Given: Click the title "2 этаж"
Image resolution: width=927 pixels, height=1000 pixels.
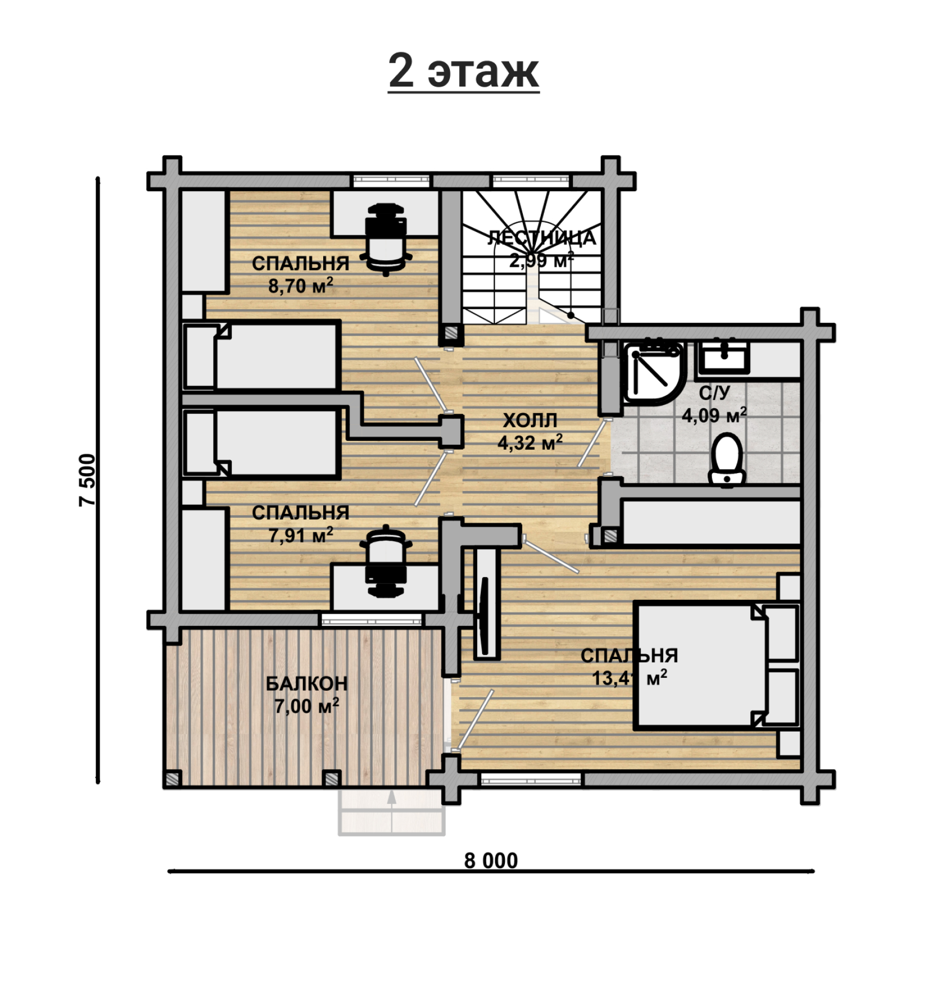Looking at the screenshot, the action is [463, 71].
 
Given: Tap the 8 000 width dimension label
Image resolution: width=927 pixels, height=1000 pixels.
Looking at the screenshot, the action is [491, 861].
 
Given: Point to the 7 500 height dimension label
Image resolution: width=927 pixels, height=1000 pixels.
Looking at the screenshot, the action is [87, 480].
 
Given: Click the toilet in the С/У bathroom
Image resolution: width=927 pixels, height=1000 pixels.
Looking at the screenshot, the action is [727, 458].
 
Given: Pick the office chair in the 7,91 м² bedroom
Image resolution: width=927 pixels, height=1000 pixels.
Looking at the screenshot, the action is [386, 561].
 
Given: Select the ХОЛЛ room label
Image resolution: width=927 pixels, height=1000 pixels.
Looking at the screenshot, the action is [530, 421].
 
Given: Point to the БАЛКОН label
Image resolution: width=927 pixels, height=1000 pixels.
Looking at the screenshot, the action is [306, 684].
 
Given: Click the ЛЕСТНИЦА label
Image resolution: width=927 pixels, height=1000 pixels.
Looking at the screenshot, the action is [541, 238].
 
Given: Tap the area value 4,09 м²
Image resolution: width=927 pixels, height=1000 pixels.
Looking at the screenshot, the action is [714, 415].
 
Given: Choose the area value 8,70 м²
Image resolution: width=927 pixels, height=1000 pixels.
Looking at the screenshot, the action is [300, 286].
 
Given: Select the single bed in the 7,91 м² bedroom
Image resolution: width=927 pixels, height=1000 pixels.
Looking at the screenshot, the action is [261, 443].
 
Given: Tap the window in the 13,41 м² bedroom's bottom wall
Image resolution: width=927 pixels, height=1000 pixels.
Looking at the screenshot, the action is [530, 780].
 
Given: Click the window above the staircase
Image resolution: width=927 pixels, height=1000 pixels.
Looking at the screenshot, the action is [531, 181].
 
